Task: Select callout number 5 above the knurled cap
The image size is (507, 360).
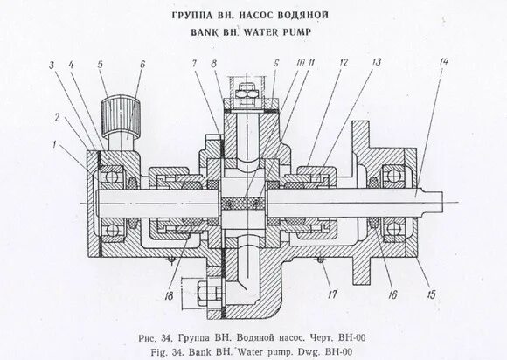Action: [x=101, y=65]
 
